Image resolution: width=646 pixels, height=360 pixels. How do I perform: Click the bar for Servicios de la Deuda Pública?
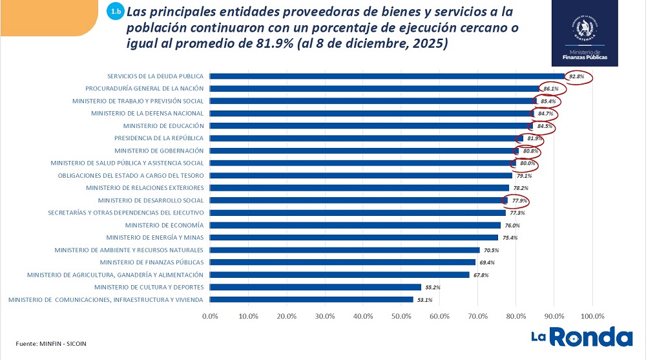[388, 76]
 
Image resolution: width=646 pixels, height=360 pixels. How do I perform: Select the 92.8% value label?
[576, 76]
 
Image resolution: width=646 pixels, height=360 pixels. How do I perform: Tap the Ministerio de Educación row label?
[163, 125]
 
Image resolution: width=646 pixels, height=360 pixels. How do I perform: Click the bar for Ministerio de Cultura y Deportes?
[316, 287]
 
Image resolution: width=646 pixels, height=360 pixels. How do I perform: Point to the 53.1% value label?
[424, 299]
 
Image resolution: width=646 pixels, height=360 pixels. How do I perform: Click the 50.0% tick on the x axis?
[401, 316]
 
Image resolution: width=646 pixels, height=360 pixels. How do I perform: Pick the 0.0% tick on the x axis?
[211, 316]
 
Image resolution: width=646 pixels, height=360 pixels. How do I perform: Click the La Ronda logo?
[581, 337]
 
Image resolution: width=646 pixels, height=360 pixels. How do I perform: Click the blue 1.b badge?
[115, 12]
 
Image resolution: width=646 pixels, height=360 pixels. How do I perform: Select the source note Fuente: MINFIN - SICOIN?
[51, 344]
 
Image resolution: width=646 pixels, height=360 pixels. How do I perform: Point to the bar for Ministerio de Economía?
[355, 225]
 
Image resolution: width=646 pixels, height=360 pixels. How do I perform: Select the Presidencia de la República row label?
[159, 138]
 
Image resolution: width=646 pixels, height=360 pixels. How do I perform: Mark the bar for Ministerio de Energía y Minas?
[354, 237]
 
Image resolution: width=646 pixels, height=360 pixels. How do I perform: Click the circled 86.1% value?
[550, 89]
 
